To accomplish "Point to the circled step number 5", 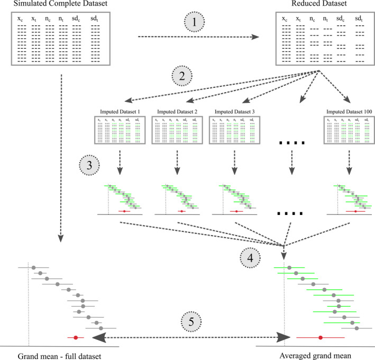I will (191, 321).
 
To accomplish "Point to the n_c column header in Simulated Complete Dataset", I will (49, 19).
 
